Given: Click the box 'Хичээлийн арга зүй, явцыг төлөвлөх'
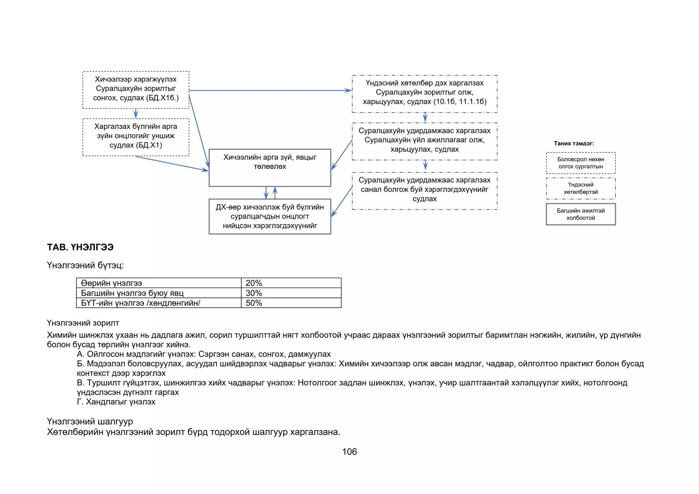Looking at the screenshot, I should click(x=270, y=168).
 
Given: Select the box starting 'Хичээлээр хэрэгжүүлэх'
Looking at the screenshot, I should click(x=136, y=90).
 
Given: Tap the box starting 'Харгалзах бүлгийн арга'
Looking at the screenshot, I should click(x=136, y=137).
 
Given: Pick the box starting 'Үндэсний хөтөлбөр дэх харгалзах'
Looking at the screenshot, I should click(x=424, y=93).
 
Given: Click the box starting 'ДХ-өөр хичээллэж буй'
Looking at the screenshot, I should click(x=270, y=216).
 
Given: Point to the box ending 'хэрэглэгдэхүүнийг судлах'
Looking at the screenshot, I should click(x=424, y=190).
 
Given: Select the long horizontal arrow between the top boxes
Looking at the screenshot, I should click(x=270, y=90).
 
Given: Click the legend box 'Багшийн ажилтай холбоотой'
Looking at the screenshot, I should click(x=581, y=214).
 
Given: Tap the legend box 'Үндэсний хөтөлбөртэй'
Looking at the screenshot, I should click(x=581, y=188).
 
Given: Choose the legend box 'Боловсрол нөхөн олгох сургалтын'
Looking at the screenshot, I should click(x=581, y=163).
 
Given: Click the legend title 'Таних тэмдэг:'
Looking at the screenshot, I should click(x=574, y=144).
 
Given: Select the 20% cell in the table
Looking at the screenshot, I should click(x=291, y=283).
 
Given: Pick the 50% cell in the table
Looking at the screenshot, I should click(x=291, y=303).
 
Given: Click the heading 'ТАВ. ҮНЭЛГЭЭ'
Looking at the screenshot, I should click(x=80, y=247).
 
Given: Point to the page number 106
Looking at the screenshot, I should click(x=349, y=452).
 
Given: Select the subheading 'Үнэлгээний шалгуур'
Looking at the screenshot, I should click(x=90, y=422).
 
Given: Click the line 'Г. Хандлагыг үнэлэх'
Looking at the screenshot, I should click(x=116, y=402).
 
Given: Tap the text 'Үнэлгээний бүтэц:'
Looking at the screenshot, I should click(x=85, y=265).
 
